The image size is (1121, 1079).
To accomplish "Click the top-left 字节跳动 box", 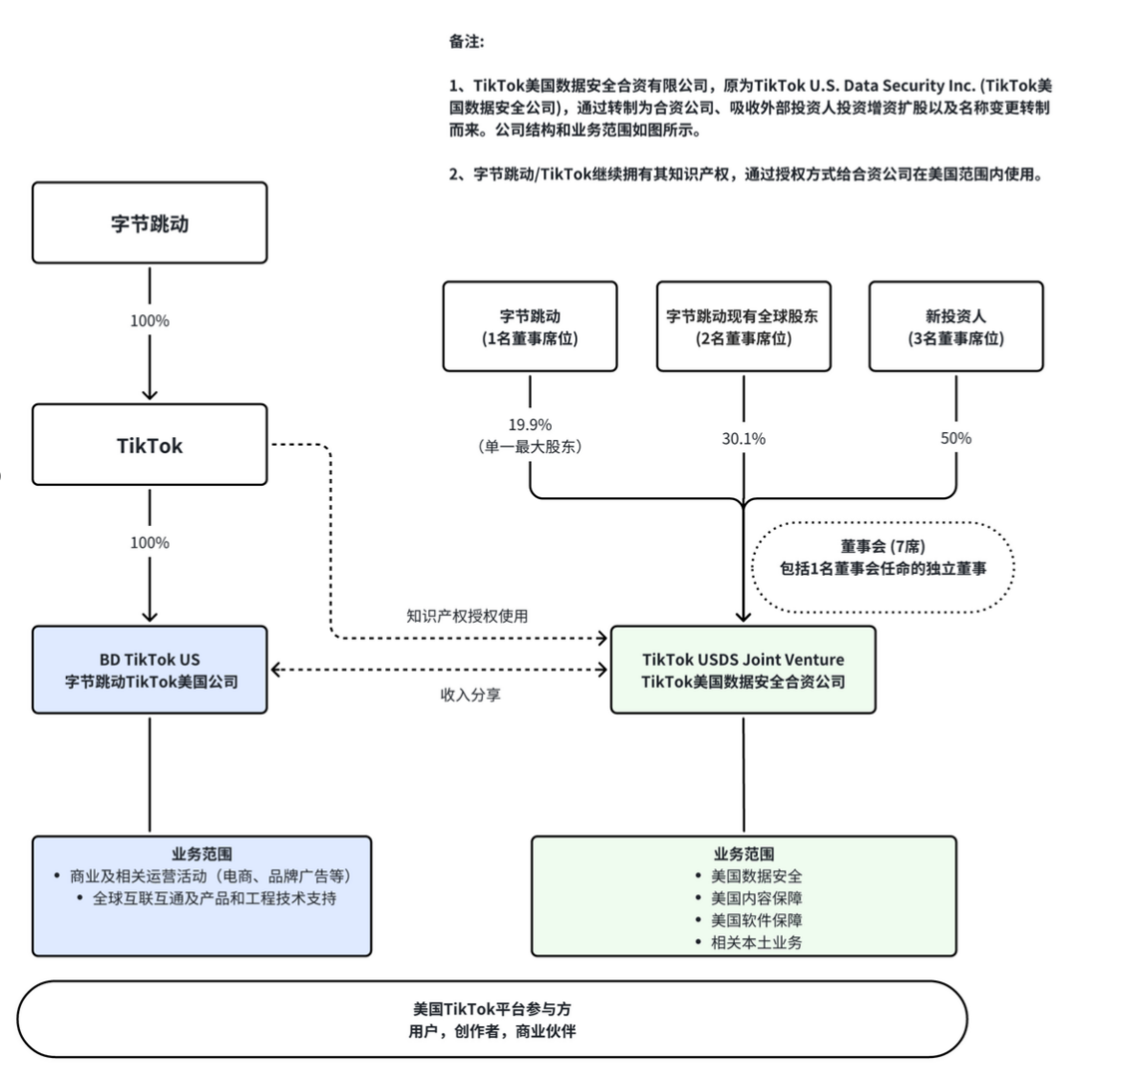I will (x=149, y=223).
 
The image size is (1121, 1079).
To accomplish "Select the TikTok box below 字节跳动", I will (x=149, y=445).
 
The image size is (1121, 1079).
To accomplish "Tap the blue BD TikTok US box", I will (x=149, y=670).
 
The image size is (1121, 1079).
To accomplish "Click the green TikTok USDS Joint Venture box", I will (x=743, y=670).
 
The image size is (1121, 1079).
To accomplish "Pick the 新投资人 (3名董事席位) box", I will (x=955, y=327).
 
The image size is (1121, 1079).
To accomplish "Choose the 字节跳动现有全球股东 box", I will (x=743, y=327).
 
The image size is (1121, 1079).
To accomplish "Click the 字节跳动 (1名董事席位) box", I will (x=530, y=327).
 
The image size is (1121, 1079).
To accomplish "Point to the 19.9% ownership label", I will (x=530, y=425).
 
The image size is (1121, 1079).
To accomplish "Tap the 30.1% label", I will (x=744, y=439).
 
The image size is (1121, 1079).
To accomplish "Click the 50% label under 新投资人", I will (x=955, y=438).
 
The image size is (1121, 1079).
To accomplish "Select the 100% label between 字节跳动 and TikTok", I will (x=149, y=321).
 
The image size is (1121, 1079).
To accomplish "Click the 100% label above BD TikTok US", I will (x=149, y=542).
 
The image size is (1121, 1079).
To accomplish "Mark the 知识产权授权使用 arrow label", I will (x=467, y=616).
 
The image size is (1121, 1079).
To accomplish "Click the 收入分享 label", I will (x=470, y=695).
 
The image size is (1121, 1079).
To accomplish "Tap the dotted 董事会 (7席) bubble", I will (x=881, y=558).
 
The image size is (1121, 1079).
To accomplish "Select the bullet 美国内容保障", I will (x=756, y=898).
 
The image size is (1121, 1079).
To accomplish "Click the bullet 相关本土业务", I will (x=756, y=942).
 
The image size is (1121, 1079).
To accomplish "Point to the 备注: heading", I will (x=467, y=41).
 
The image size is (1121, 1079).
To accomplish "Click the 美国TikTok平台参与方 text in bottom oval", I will (x=492, y=1009).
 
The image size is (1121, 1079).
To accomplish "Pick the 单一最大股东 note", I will (x=530, y=447).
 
